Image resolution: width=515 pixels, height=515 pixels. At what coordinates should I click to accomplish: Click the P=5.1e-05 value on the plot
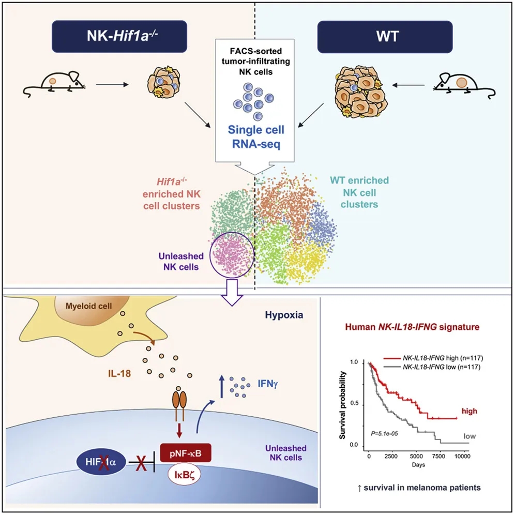click(x=382, y=431)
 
